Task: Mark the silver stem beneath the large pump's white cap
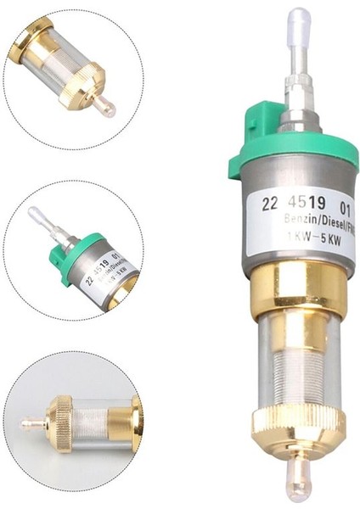tap(298, 68)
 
